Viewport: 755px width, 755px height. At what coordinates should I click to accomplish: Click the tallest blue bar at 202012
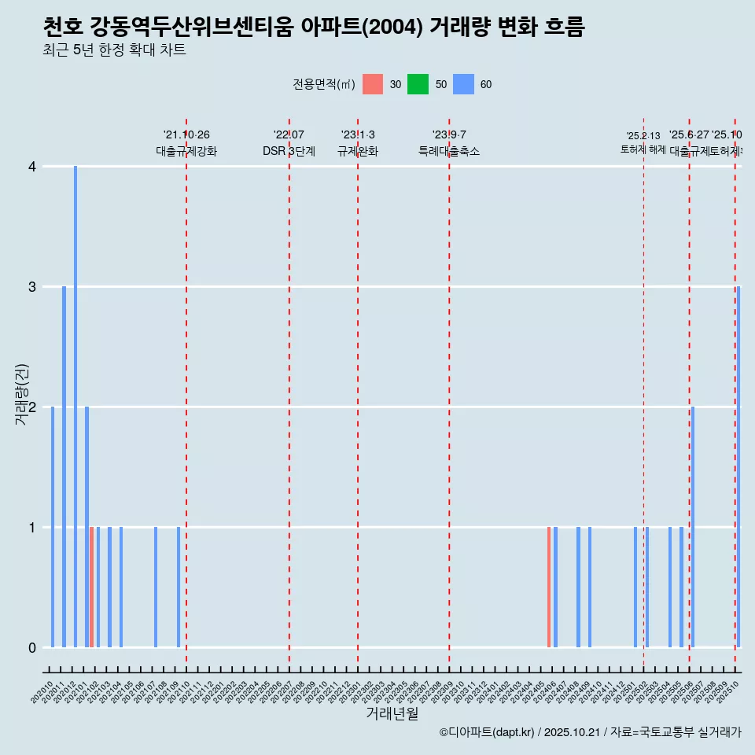click(x=75, y=407)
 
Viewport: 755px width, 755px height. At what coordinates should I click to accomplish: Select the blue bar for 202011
click(x=64, y=467)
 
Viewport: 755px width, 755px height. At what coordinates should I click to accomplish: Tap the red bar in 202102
click(x=92, y=587)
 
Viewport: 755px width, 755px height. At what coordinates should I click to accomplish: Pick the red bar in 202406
click(x=549, y=587)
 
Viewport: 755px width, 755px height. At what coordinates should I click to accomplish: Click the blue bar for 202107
click(x=156, y=587)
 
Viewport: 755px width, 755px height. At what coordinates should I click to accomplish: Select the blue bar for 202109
click(x=179, y=587)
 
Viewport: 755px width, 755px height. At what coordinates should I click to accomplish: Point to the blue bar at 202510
click(x=738, y=467)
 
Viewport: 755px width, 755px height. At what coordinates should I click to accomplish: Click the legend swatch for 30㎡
click(x=373, y=84)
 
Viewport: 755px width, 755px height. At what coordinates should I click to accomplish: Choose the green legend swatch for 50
click(x=418, y=84)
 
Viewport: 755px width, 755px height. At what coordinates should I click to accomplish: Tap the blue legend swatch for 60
click(x=463, y=84)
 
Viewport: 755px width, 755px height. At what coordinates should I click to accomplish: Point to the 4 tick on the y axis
click(x=32, y=167)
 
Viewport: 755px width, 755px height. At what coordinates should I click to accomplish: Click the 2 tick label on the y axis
click(x=32, y=407)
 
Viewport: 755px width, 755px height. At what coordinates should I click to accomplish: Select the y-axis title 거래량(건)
click(x=21, y=395)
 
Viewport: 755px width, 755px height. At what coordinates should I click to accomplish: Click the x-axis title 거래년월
click(x=392, y=713)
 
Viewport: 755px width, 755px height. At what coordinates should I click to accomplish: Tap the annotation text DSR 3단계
click(x=289, y=151)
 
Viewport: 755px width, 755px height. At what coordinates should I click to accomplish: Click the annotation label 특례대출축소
click(x=448, y=151)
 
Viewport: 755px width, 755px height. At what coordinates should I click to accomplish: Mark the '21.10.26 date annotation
click(x=186, y=135)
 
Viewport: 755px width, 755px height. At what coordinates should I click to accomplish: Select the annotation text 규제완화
click(x=358, y=151)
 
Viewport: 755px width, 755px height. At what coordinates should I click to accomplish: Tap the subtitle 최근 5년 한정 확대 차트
click(x=114, y=50)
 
